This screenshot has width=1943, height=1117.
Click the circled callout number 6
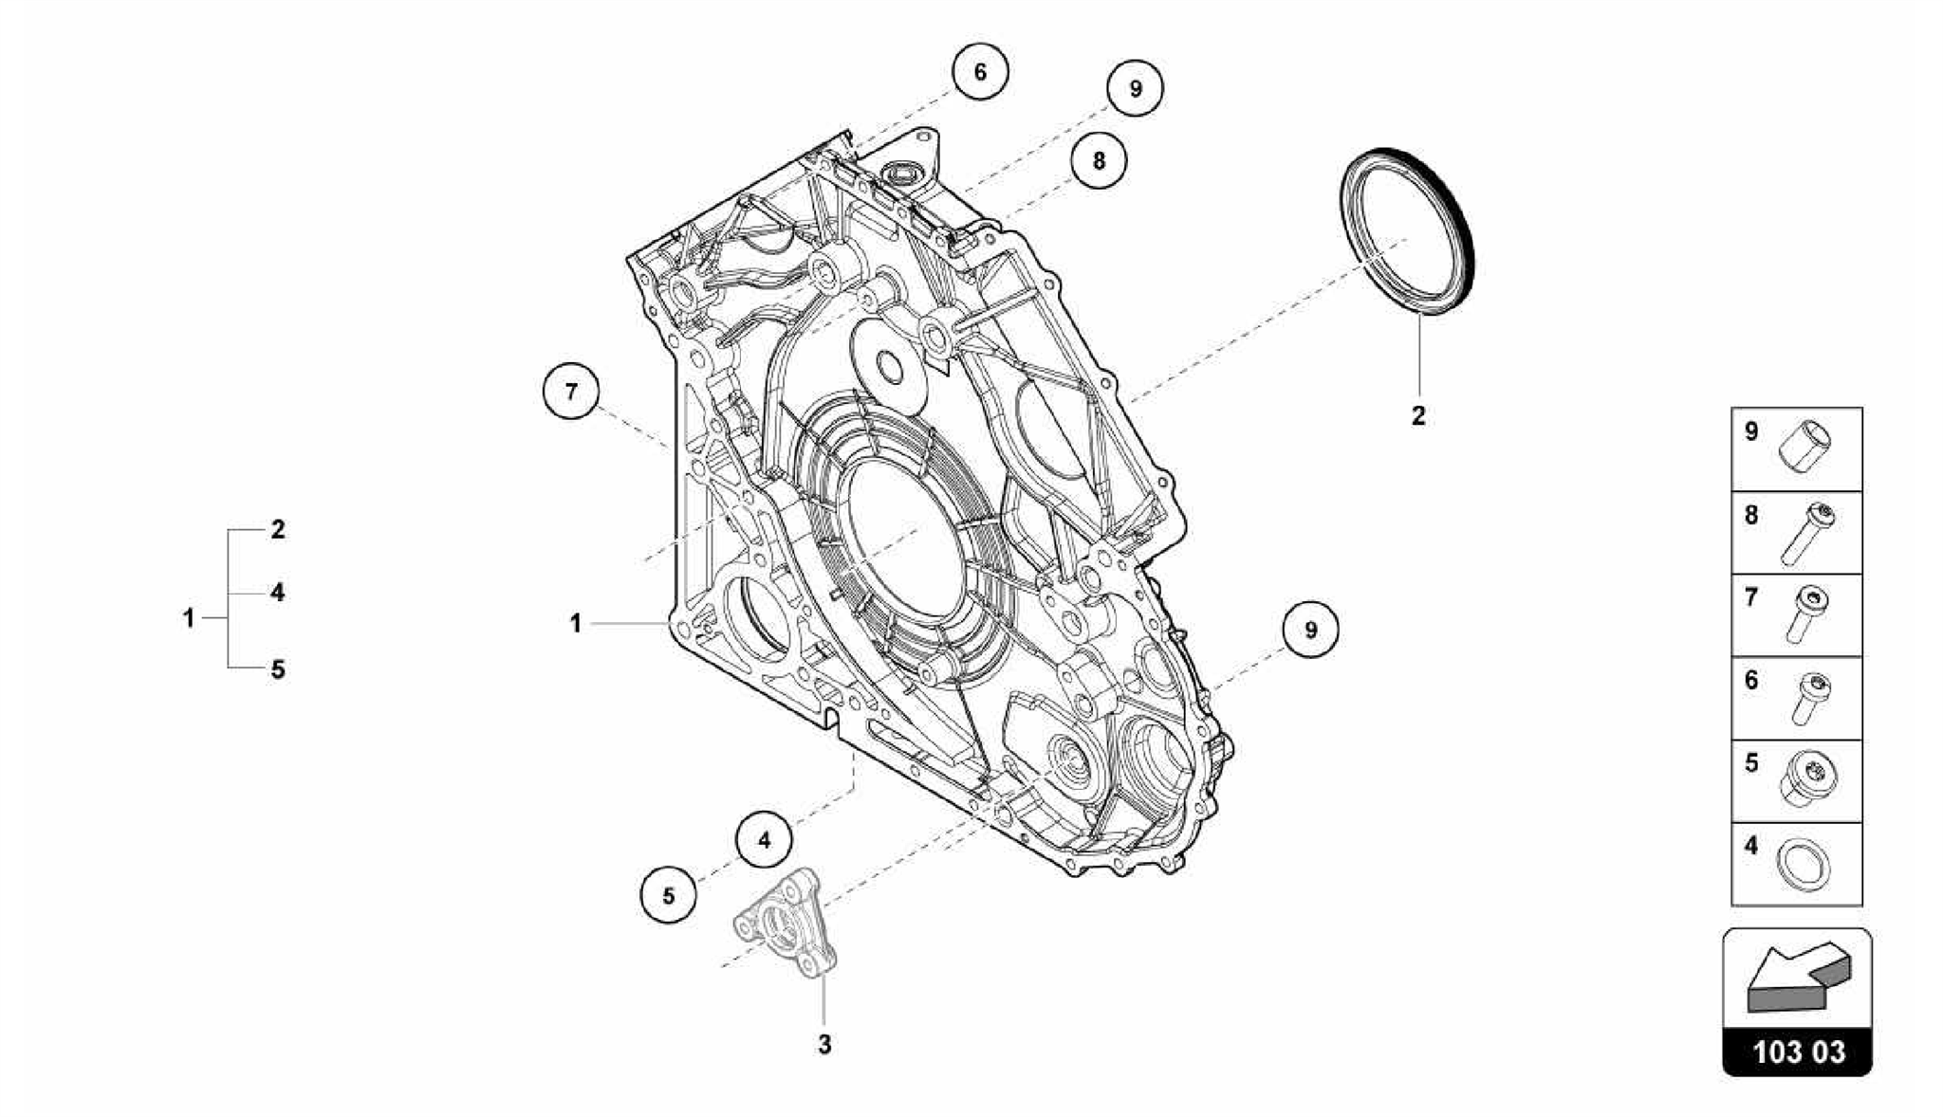[x=980, y=72]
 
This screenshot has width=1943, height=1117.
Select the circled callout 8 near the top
[x=1099, y=160]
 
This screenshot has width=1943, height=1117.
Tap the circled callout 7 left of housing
[x=571, y=391]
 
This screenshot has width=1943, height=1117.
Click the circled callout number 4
[x=764, y=840]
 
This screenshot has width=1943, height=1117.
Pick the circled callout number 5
[x=668, y=895]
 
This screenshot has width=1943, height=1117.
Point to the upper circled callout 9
[x=1135, y=89]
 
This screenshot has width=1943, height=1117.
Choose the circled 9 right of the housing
[x=1310, y=630]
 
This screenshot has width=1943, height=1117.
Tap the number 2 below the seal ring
[x=1418, y=415]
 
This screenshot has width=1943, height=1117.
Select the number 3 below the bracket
[x=824, y=1044]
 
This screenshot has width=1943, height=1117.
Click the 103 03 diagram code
[x=1798, y=1052]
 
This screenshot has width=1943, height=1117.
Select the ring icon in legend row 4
[x=1803, y=865]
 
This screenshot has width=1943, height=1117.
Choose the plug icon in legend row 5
[x=1805, y=780]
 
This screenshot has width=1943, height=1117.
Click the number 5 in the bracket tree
[x=277, y=669]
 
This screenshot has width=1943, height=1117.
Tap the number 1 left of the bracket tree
[x=189, y=618]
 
